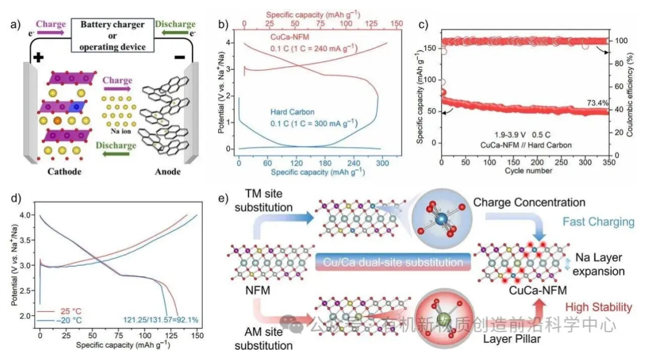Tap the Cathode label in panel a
[x=62, y=171]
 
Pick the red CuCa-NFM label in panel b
[x=290, y=37]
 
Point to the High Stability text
[x=597, y=307]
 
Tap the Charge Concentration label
[x=529, y=202]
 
